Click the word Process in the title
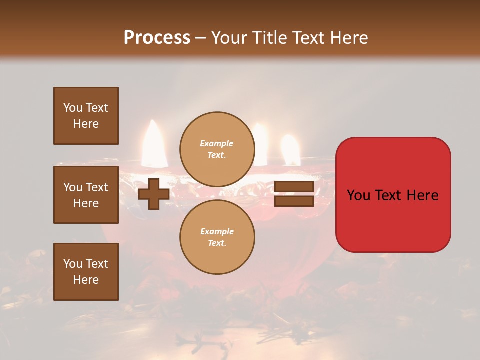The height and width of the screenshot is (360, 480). click(x=157, y=38)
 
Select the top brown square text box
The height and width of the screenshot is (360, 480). click(x=86, y=116)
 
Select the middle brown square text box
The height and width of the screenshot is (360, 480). click(x=86, y=195)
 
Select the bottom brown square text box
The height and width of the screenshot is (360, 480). click(x=86, y=272)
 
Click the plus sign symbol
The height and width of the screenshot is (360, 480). click(x=153, y=194)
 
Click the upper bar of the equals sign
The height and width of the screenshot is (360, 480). click(x=294, y=187)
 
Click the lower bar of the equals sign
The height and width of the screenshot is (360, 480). click(x=294, y=201)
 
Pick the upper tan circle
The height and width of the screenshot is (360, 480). click(x=217, y=149)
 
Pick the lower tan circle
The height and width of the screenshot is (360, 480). click(x=217, y=237)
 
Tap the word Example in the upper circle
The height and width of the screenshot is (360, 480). click(x=217, y=143)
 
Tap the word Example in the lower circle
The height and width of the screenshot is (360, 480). click(x=217, y=231)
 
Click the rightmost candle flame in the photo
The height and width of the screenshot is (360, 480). click(x=290, y=150)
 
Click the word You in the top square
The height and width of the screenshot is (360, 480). click(x=72, y=108)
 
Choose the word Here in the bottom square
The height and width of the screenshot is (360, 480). click(x=86, y=280)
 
